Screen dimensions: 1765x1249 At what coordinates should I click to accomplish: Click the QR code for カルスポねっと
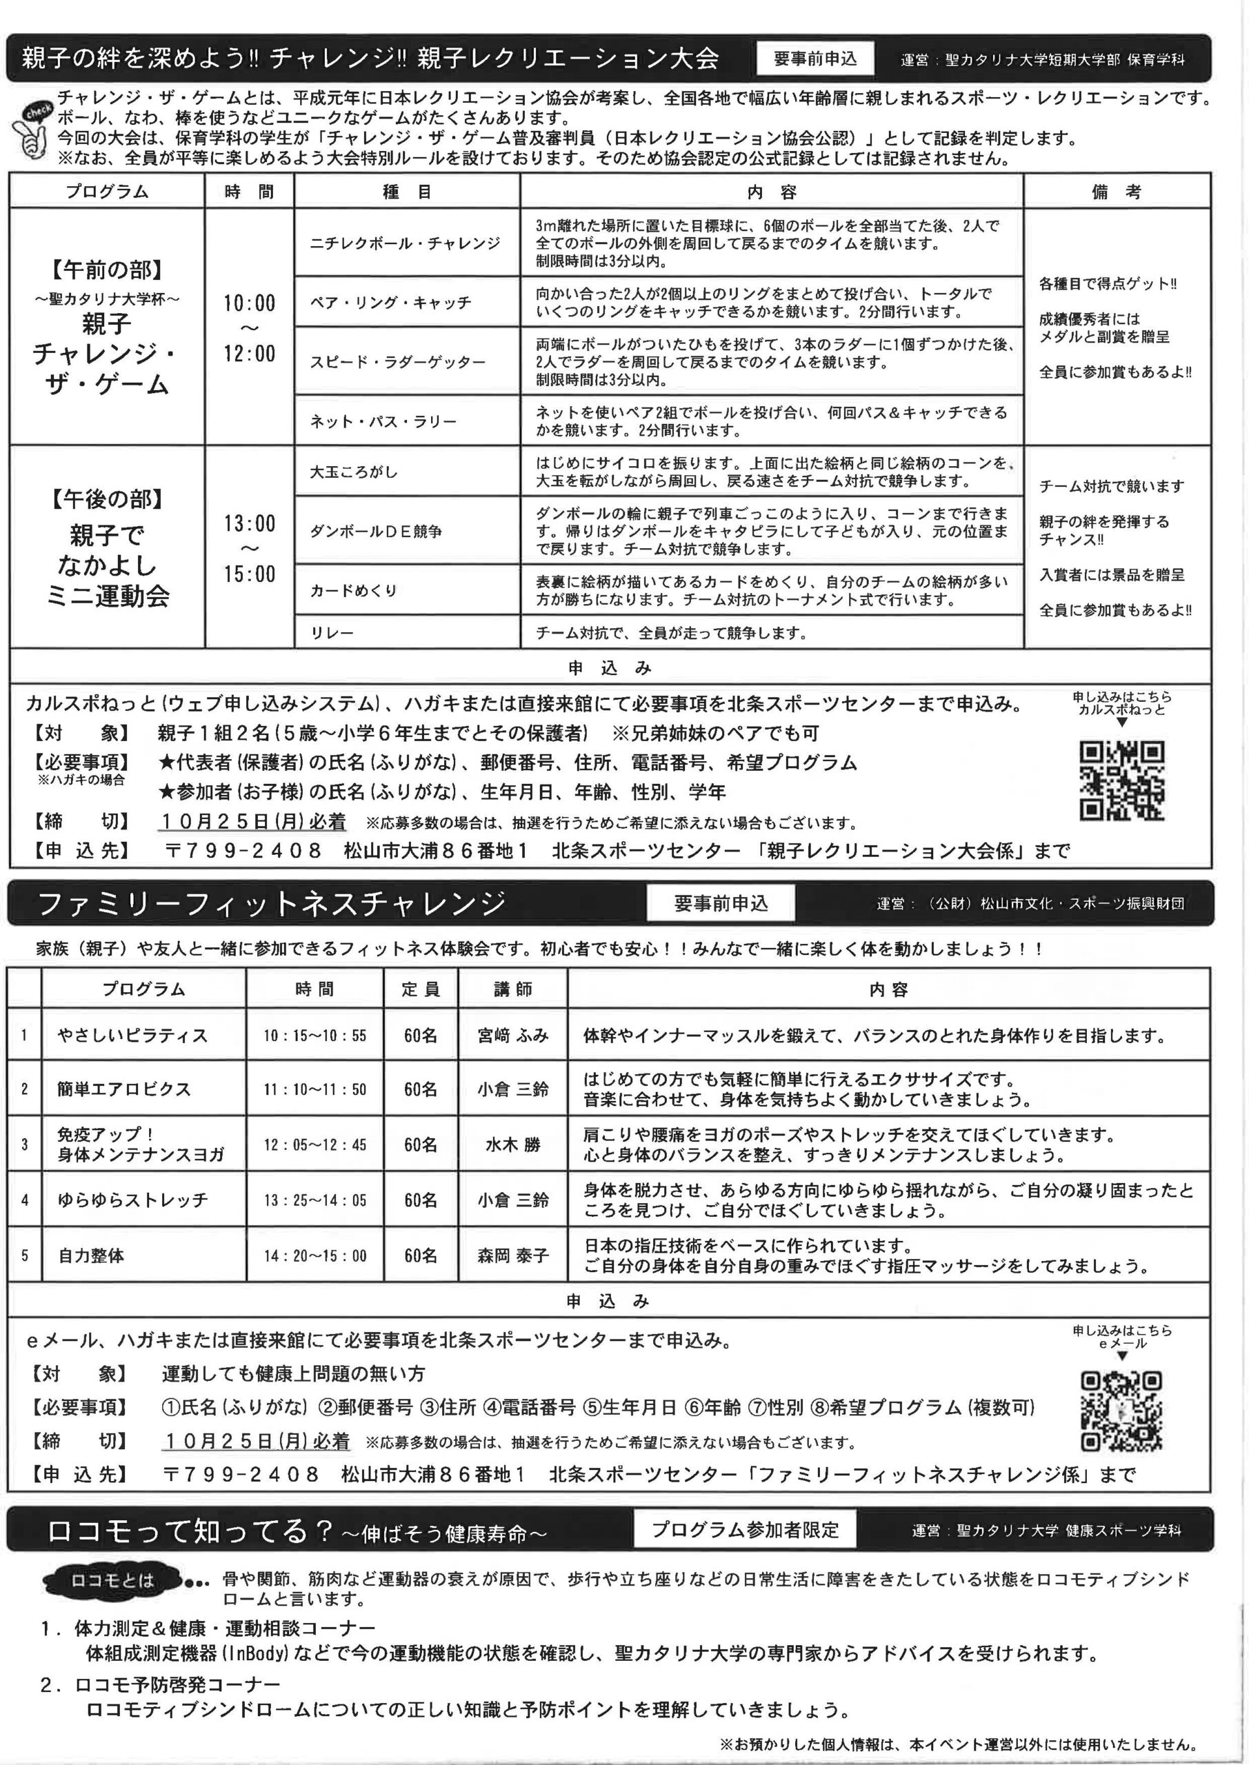coord(1122,780)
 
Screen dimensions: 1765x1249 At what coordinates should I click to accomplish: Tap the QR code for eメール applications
coord(1121,1411)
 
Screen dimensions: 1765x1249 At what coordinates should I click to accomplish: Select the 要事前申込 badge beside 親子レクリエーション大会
coord(815,59)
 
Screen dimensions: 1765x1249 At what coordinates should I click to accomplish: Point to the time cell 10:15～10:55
coord(314,1036)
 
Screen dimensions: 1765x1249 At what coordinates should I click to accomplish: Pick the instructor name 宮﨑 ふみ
coord(513,1036)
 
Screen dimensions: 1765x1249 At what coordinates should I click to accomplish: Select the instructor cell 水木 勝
coord(513,1144)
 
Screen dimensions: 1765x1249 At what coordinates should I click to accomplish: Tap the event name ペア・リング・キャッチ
coord(390,303)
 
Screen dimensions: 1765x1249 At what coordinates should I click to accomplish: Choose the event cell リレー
coord(332,634)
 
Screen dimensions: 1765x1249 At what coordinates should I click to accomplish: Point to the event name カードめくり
coord(354,590)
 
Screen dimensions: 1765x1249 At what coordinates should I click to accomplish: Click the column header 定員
coord(421,989)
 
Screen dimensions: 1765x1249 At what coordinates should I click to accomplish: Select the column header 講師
coord(513,989)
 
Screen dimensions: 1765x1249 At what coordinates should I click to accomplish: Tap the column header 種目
coord(407,192)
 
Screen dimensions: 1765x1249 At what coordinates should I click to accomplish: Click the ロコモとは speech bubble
coord(112,1580)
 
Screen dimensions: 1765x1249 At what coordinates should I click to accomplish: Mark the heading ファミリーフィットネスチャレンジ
coord(271,904)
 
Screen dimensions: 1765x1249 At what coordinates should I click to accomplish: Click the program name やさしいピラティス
coord(132,1036)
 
